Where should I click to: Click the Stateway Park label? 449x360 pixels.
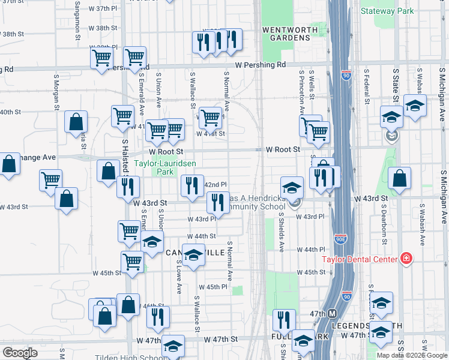[388, 11]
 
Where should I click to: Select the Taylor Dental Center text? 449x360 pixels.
[360, 259]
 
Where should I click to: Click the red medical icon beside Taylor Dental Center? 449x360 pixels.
[406, 259]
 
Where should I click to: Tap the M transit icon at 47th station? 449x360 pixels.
[332, 313]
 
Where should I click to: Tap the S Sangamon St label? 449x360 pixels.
[78, 24]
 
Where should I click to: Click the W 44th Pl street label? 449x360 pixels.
[314, 250]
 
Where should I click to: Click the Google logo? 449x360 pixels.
[20, 353]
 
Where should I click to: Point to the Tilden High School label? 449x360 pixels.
[129, 357]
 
